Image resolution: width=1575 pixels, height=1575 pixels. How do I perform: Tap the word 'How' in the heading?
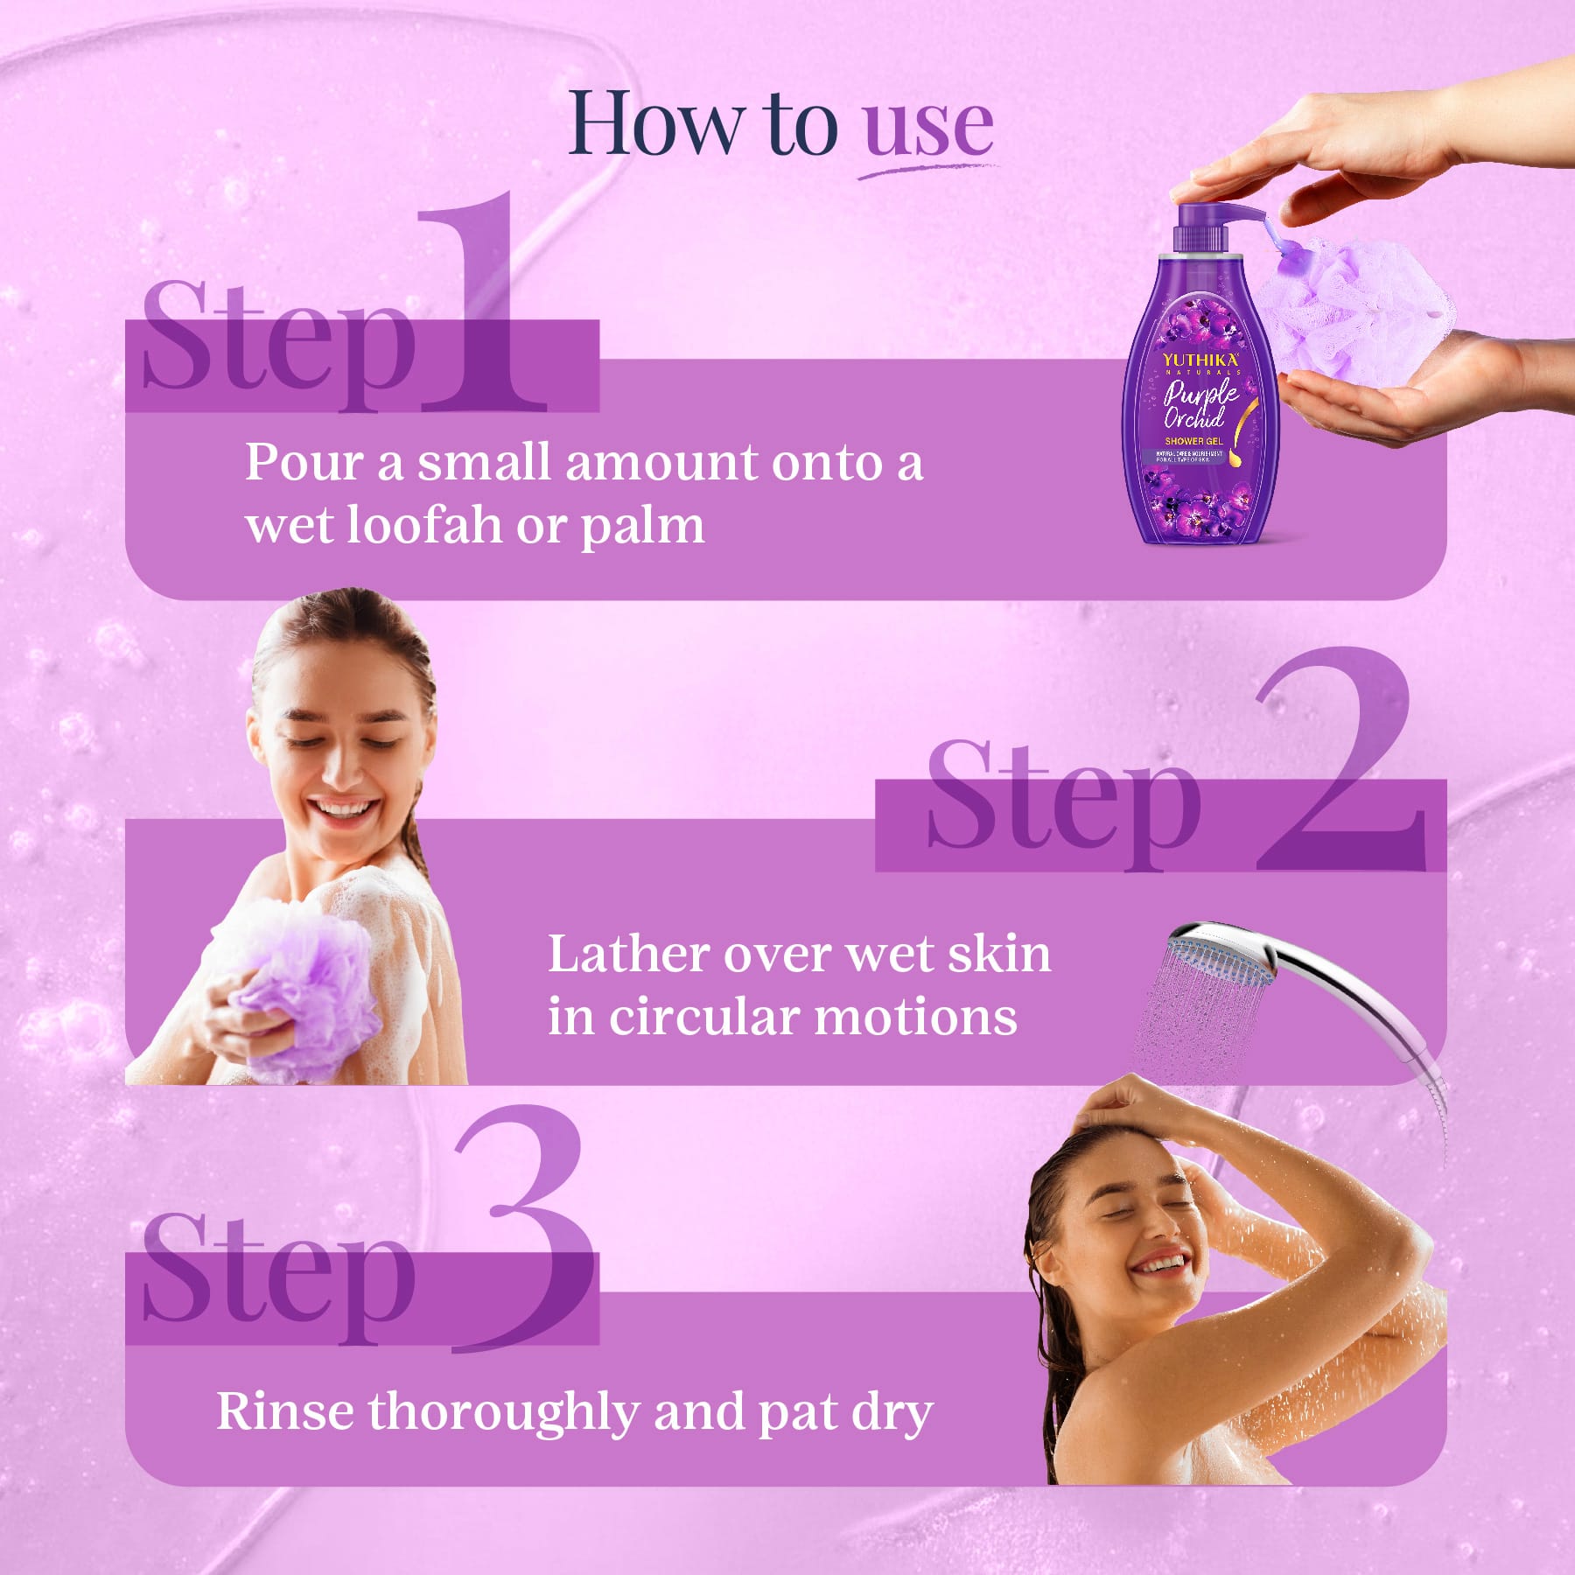654,125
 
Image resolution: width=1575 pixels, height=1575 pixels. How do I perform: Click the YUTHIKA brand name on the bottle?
1200,360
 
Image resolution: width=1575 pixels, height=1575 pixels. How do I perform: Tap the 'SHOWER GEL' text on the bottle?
1193,441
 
